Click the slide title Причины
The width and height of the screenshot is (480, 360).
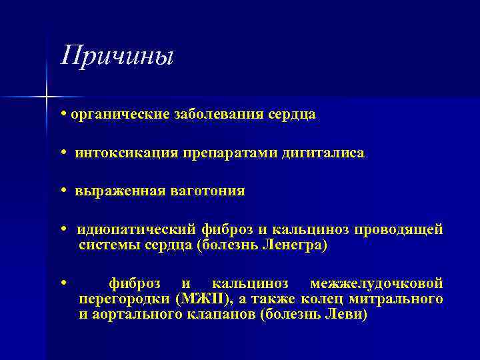pyautogui.click(x=117, y=55)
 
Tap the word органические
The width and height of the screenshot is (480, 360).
pyautogui.click(x=114, y=115)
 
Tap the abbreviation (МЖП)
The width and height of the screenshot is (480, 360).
pyautogui.click(x=201, y=299)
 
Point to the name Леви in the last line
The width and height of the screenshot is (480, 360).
pyautogui.click(x=344, y=315)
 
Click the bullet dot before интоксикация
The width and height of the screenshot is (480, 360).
pyautogui.click(x=63, y=153)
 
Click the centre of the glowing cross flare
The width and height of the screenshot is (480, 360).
pyautogui.click(x=46, y=97)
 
